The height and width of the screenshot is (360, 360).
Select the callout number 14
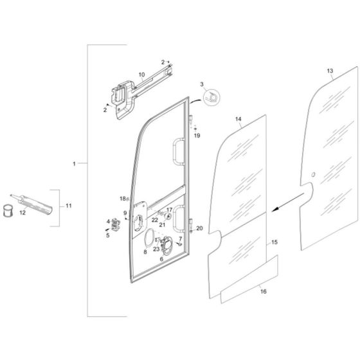pyautogui.click(x=238, y=120)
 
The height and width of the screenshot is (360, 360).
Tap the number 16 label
pyautogui.click(x=262, y=291)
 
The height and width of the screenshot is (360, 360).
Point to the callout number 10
pyautogui.click(x=141, y=75)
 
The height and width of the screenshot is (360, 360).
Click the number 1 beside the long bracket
pyautogui.click(x=75, y=165)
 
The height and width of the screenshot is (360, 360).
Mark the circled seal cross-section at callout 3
pyautogui.click(x=211, y=96)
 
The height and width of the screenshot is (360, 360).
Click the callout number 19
pyautogui.click(x=197, y=136)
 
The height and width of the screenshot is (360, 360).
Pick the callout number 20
pyautogui.click(x=199, y=228)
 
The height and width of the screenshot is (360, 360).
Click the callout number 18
pyautogui.click(x=122, y=198)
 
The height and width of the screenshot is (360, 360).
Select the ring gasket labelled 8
pyautogui.click(x=148, y=239)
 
